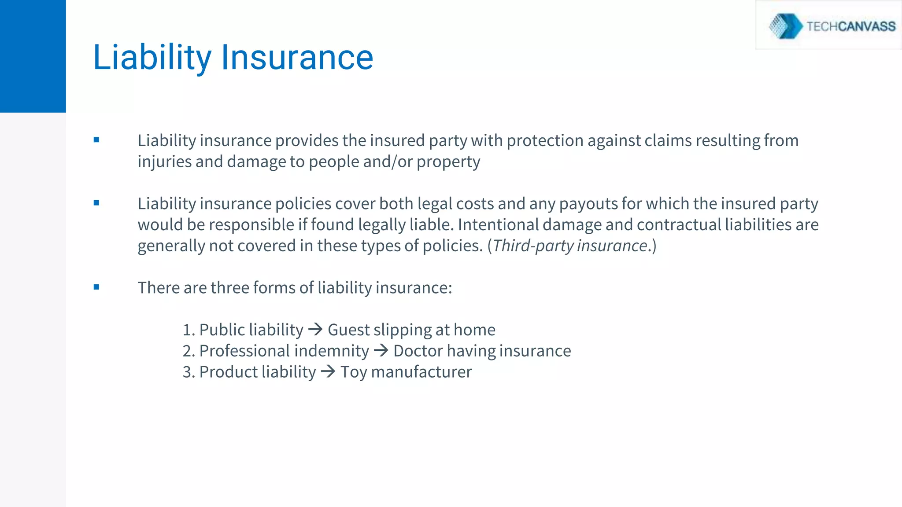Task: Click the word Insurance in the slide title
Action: pyautogui.click(x=297, y=57)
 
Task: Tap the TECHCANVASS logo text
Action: pyautogui.click(x=851, y=26)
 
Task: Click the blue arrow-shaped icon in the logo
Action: pyautogui.click(x=786, y=26)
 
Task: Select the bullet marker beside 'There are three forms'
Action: pyautogui.click(x=96, y=287)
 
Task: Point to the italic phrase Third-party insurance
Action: pyautogui.click(x=570, y=246)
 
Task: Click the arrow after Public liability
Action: pyautogui.click(x=315, y=329)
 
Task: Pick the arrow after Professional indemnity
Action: pyautogui.click(x=381, y=350)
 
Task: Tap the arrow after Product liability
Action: pyautogui.click(x=328, y=371)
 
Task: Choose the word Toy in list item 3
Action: pyautogui.click(x=354, y=372)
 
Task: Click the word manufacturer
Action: pyautogui.click(x=421, y=372)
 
